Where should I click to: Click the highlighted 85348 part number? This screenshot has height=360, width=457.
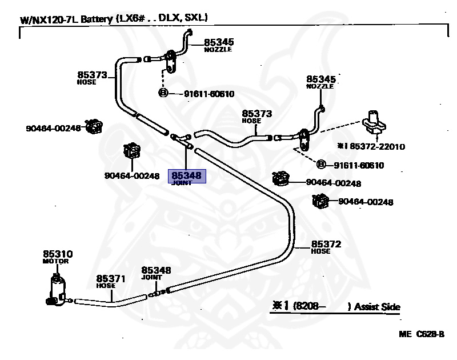pyautogui.click(x=187, y=176)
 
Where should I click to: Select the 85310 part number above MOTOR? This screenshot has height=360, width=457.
pyautogui.click(x=58, y=253)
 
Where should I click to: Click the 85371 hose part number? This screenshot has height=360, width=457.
pyautogui.click(x=110, y=278)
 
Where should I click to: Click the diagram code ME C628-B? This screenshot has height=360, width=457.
pyautogui.click(x=422, y=334)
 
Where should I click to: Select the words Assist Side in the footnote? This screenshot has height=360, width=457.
pyautogui.click(x=377, y=307)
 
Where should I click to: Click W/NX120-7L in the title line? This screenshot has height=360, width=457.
pyautogui.click(x=49, y=19)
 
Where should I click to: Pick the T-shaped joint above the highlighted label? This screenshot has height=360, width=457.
pyautogui.click(x=181, y=138)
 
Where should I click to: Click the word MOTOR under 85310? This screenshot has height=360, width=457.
pyautogui.click(x=55, y=261)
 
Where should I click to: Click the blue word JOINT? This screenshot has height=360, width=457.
pyautogui.click(x=182, y=183)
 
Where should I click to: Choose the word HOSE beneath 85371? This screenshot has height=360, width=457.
pyautogui.click(x=106, y=286)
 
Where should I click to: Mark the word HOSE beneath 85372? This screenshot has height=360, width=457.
pyautogui.click(x=320, y=251)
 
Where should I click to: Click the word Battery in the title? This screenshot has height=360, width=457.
pyautogui.click(x=97, y=19)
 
